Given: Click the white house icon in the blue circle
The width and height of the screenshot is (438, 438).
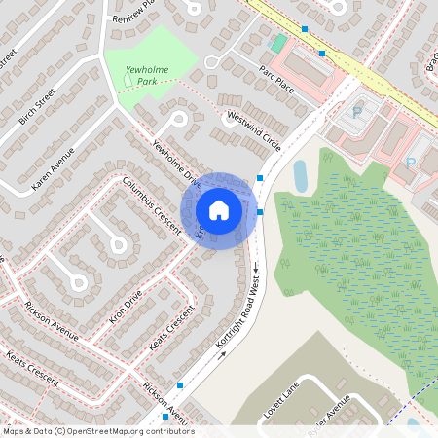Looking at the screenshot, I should pos(219,210).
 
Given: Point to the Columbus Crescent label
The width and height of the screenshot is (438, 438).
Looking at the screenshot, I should pos(152,204).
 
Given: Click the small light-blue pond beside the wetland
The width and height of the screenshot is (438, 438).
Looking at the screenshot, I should pos(301,175).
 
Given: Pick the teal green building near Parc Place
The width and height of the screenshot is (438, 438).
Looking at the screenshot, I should pos(278,44).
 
